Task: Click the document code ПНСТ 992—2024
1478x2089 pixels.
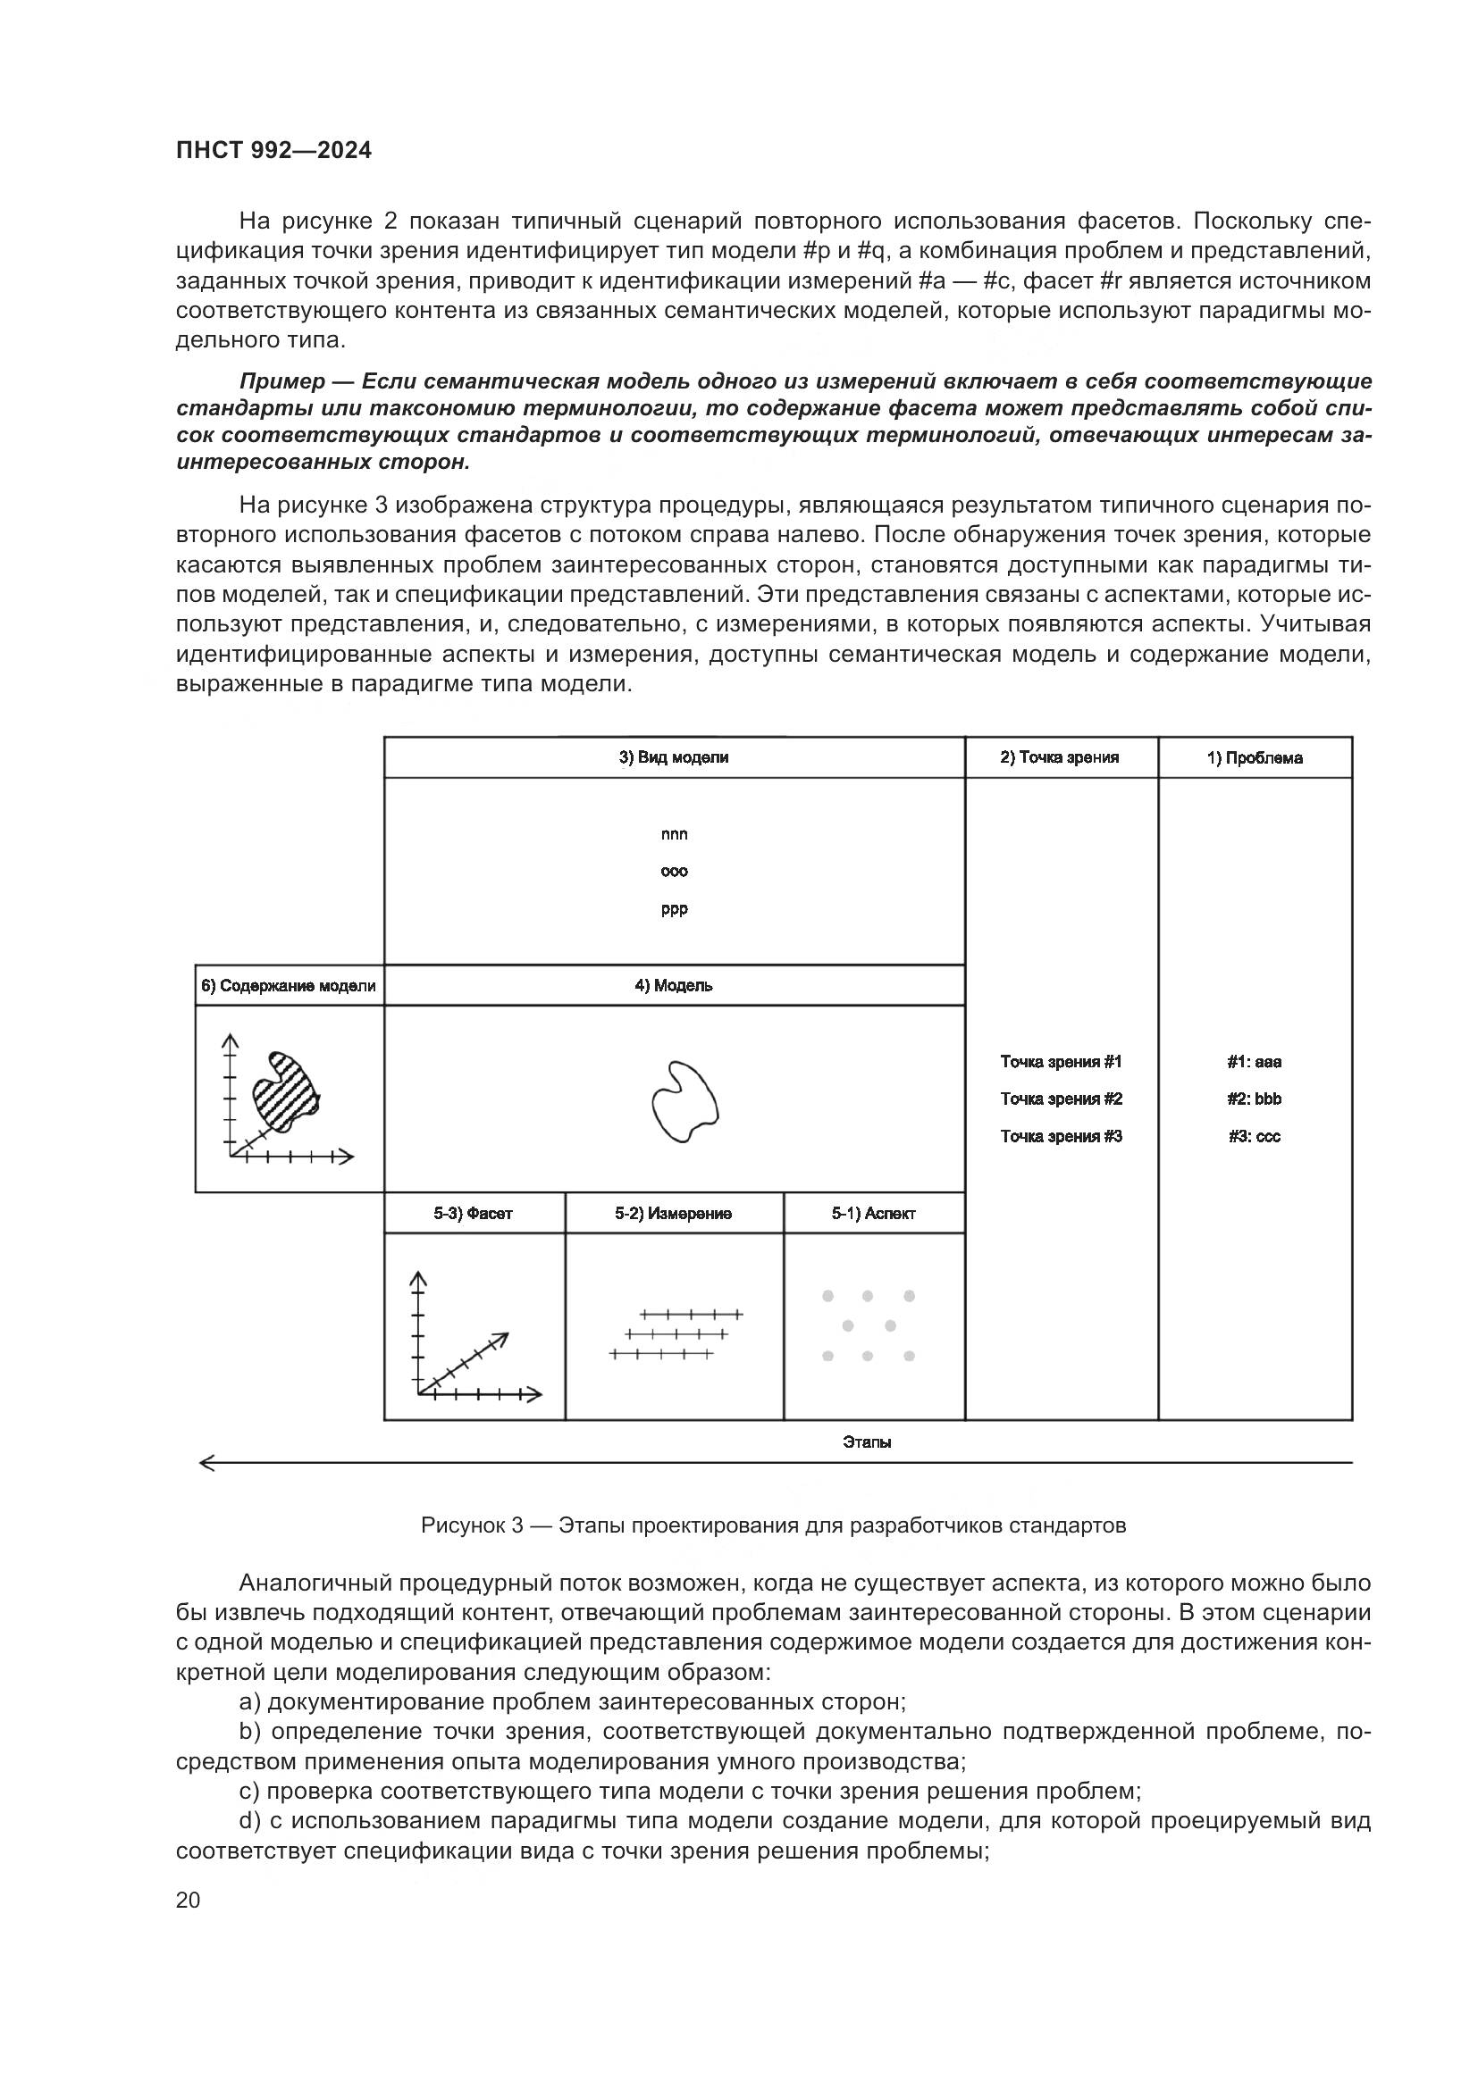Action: click(274, 150)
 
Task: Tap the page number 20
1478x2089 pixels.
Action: click(188, 1900)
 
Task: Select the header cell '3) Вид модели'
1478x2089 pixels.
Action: click(674, 757)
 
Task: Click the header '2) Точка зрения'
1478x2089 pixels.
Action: click(1060, 757)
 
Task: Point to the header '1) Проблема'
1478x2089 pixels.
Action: click(1254, 758)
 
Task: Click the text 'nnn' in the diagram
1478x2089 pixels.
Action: click(675, 834)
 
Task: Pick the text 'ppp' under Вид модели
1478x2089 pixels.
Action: click(675, 909)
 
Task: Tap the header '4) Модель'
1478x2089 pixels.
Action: click(674, 985)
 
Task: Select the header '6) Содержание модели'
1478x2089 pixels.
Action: click(289, 985)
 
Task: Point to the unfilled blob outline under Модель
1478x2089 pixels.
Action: click(684, 1101)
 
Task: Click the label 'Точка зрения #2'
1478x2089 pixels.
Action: click(1062, 1099)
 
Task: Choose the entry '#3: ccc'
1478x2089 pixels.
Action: click(1254, 1136)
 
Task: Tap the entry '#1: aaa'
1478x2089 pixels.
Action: click(1254, 1062)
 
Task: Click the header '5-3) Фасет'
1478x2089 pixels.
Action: click(474, 1214)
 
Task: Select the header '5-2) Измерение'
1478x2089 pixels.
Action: click(674, 1214)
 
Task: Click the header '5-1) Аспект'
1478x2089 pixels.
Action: click(873, 1214)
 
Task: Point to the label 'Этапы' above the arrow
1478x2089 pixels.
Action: click(867, 1442)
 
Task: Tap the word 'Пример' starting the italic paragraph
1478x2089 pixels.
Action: click(282, 381)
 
